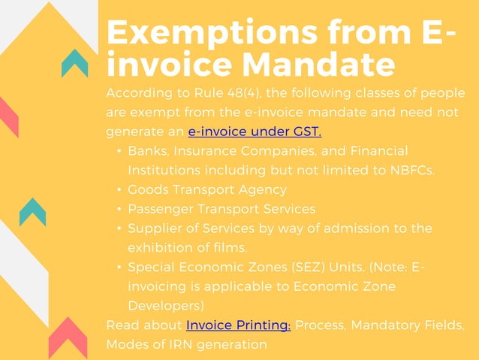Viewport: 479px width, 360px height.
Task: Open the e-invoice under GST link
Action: coord(255,132)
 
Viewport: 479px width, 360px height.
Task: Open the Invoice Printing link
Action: coord(238,325)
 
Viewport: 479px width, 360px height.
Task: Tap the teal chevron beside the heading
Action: coord(75,62)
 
